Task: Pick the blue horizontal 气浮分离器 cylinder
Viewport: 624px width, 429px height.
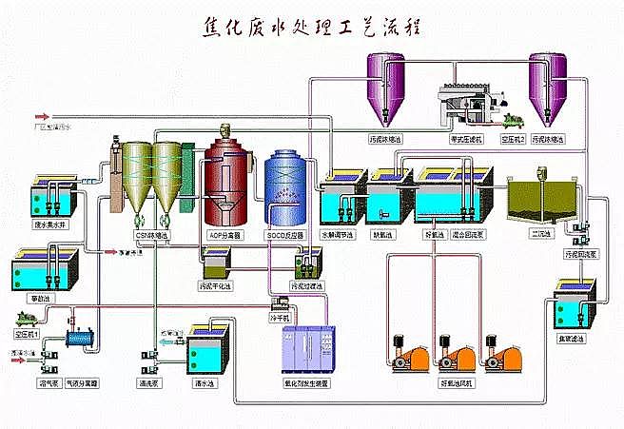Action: [x=83, y=338]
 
